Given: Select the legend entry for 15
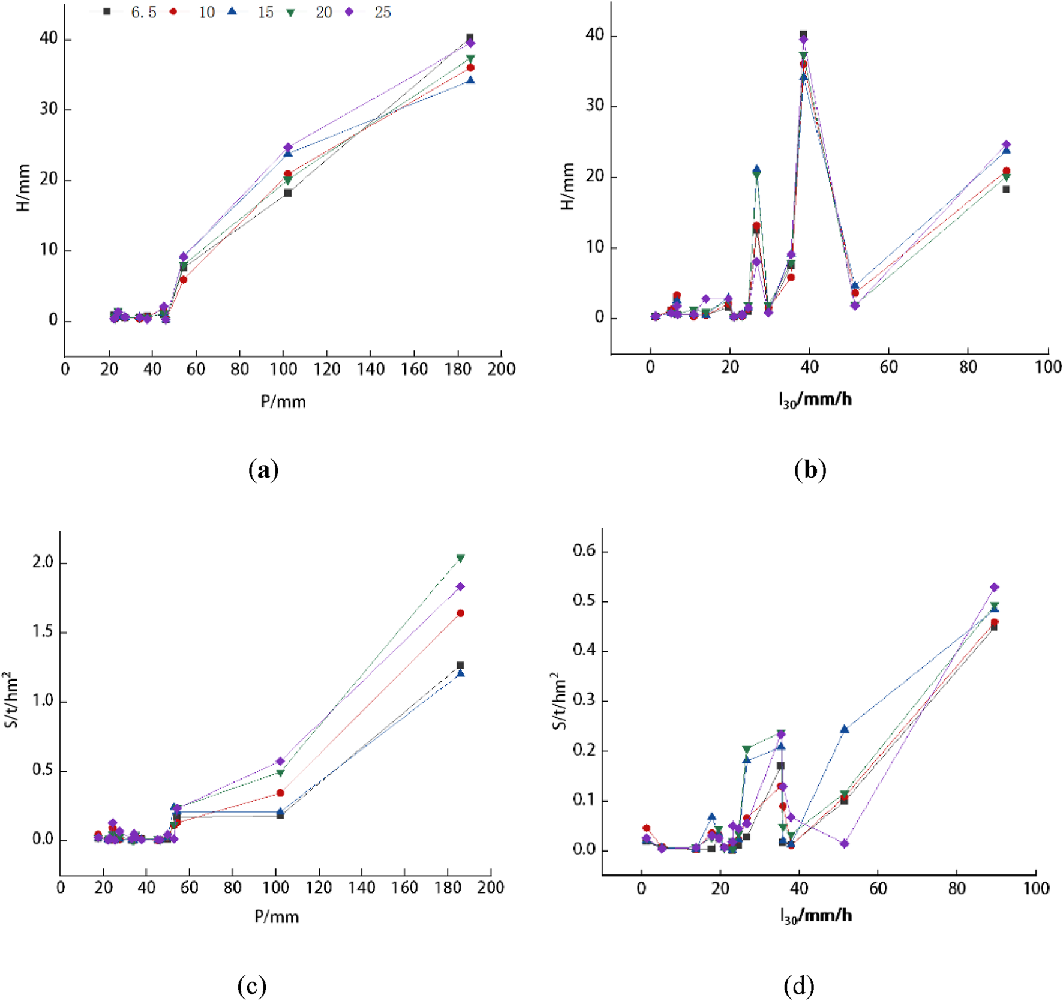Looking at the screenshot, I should [252, 12].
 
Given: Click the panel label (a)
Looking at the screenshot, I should [263, 470].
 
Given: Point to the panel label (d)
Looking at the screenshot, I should [798, 985].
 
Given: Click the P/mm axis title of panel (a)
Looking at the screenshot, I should [283, 401].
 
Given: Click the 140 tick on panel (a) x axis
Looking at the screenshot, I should [370, 369].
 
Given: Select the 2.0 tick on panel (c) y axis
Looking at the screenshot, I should [43, 562].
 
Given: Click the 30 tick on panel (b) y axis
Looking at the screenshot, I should [595, 106].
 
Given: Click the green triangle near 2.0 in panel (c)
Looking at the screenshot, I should [460, 558].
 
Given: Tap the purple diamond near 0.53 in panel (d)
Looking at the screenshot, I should [994, 587].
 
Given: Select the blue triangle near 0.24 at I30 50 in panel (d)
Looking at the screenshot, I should [845, 729].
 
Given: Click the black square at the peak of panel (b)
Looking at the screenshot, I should [803, 34].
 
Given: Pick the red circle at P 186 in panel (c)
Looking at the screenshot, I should [460, 613].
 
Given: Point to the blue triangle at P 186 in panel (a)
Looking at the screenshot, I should [470, 80].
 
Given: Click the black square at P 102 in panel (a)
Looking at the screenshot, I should [287, 193].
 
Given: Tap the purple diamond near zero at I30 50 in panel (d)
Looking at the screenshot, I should [845, 844].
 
